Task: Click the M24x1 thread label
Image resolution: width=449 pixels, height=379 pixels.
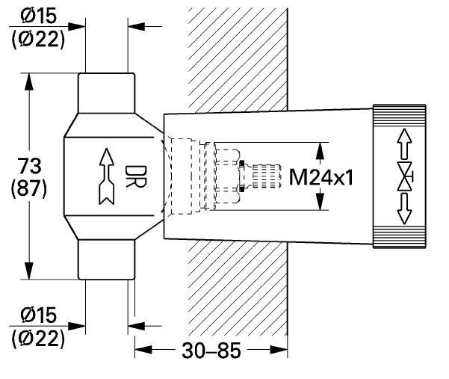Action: [321, 177]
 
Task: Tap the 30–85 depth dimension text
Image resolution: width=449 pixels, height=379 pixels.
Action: [211, 351]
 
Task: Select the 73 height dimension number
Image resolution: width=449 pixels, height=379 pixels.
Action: [29, 166]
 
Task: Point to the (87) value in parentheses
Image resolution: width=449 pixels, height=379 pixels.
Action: [28, 189]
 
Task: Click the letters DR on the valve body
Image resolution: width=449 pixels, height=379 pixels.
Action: [135, 176]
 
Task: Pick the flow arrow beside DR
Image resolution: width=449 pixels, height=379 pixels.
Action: [107, 176]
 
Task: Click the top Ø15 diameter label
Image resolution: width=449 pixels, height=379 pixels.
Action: [39, 16]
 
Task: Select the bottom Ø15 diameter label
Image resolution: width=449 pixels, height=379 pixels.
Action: [39, 315]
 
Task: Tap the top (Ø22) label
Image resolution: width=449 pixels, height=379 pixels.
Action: [38, 40]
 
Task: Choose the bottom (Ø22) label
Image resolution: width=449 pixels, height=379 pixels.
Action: [38, 339]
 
